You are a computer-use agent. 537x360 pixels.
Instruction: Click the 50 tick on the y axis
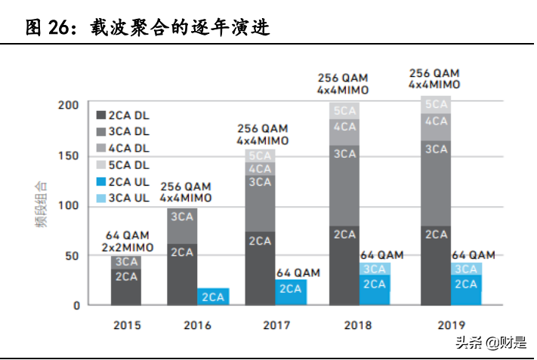(72, 256)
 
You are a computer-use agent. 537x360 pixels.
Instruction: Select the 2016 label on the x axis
(197, 326)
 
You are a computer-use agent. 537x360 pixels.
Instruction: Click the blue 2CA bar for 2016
(213, 297)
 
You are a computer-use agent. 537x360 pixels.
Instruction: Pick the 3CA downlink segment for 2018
(344, 185)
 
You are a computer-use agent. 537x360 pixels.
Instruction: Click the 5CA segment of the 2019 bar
(436, 104)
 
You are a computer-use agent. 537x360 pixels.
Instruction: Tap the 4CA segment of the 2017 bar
(260, 168)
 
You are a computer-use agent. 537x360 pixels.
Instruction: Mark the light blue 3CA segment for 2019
(467, 269)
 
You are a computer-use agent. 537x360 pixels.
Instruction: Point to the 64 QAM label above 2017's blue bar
(298, 272)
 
